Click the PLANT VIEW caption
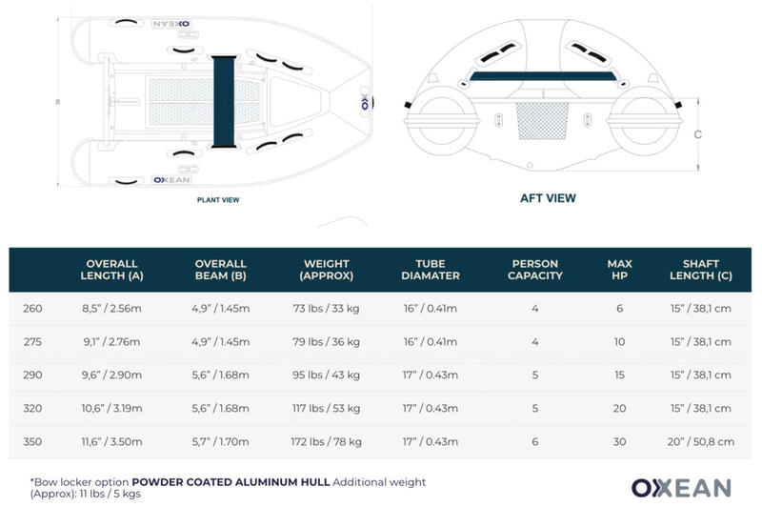pyautogui.click(x=217, y=200)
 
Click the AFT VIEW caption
pyautogui.click(x=548, y=198)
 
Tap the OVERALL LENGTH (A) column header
pyautogui.click(x=112, y=270)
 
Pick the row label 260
pyautogui.click(x=31, y=308)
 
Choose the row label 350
pyautogui.click(x=31, y=441)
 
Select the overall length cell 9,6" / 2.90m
pyautogui.click(x=112, y=375)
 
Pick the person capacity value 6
pyautogui.click(x=536, y=441)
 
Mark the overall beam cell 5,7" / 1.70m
pyautogui.click(x=221, y=441)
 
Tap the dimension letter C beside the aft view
pyautogui.click(x=698, y=134)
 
